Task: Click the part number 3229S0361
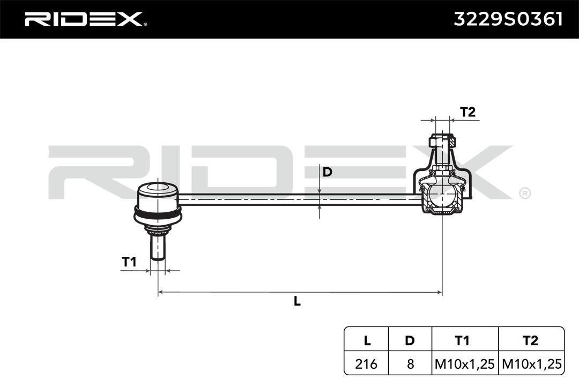(508, 19)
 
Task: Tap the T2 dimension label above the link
(467, 112)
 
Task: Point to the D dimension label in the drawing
(327, 172)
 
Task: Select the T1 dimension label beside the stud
(129, 262)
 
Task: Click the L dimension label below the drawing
(297, 301)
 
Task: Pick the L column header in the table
(367, 340)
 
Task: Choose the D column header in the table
(410, 340)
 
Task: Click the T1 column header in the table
(462, 340)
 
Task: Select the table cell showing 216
(367, 364)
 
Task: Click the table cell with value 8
(410, 364)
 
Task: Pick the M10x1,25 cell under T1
(464, 364)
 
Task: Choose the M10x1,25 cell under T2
(531, 364)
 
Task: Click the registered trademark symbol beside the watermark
(524, 192)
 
